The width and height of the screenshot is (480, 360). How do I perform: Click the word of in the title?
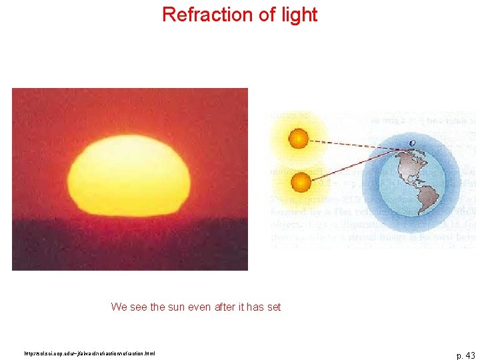point(263,15)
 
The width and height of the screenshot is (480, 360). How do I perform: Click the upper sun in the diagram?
point(298,139)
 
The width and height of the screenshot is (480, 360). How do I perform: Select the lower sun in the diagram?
point(301,181)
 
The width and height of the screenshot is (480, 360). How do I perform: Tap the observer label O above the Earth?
point(412,143)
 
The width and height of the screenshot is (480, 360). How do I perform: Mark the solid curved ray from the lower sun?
point(353,163)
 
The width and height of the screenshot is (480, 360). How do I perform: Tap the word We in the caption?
point(118,307)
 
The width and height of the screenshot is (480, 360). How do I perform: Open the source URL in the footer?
point(89,353)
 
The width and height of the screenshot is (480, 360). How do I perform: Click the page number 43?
point(465,355)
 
